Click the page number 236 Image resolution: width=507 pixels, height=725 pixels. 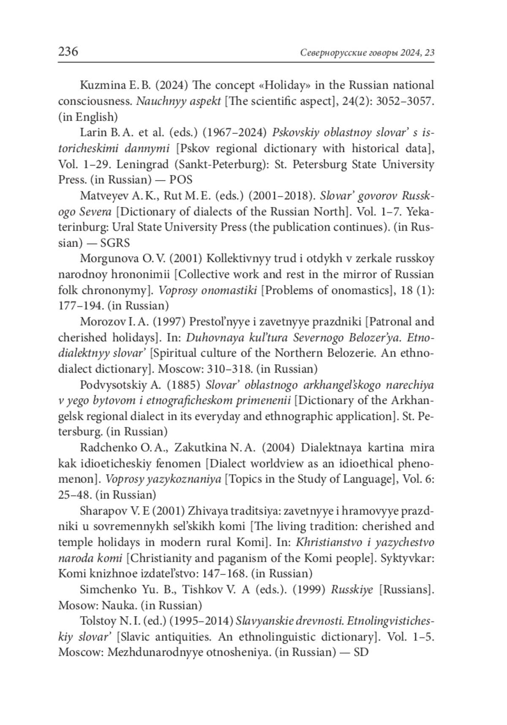click(68, 52)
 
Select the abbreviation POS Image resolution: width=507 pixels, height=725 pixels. click(181, 180)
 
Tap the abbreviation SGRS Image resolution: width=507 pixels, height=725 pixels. click(115, 243)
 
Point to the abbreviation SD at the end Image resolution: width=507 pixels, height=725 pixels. click(361, 652)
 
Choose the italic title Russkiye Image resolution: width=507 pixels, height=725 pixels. click(352, 590)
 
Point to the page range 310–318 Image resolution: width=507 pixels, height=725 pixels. click(230, 369)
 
